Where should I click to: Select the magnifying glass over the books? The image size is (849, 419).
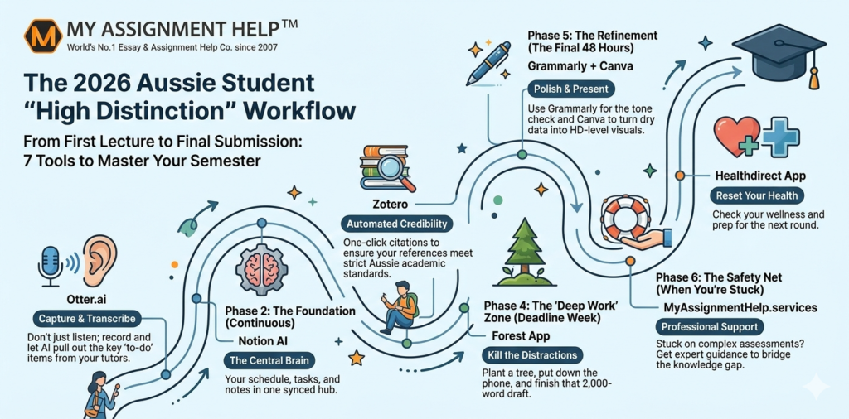395,168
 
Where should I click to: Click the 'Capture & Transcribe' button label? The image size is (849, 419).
87,319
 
